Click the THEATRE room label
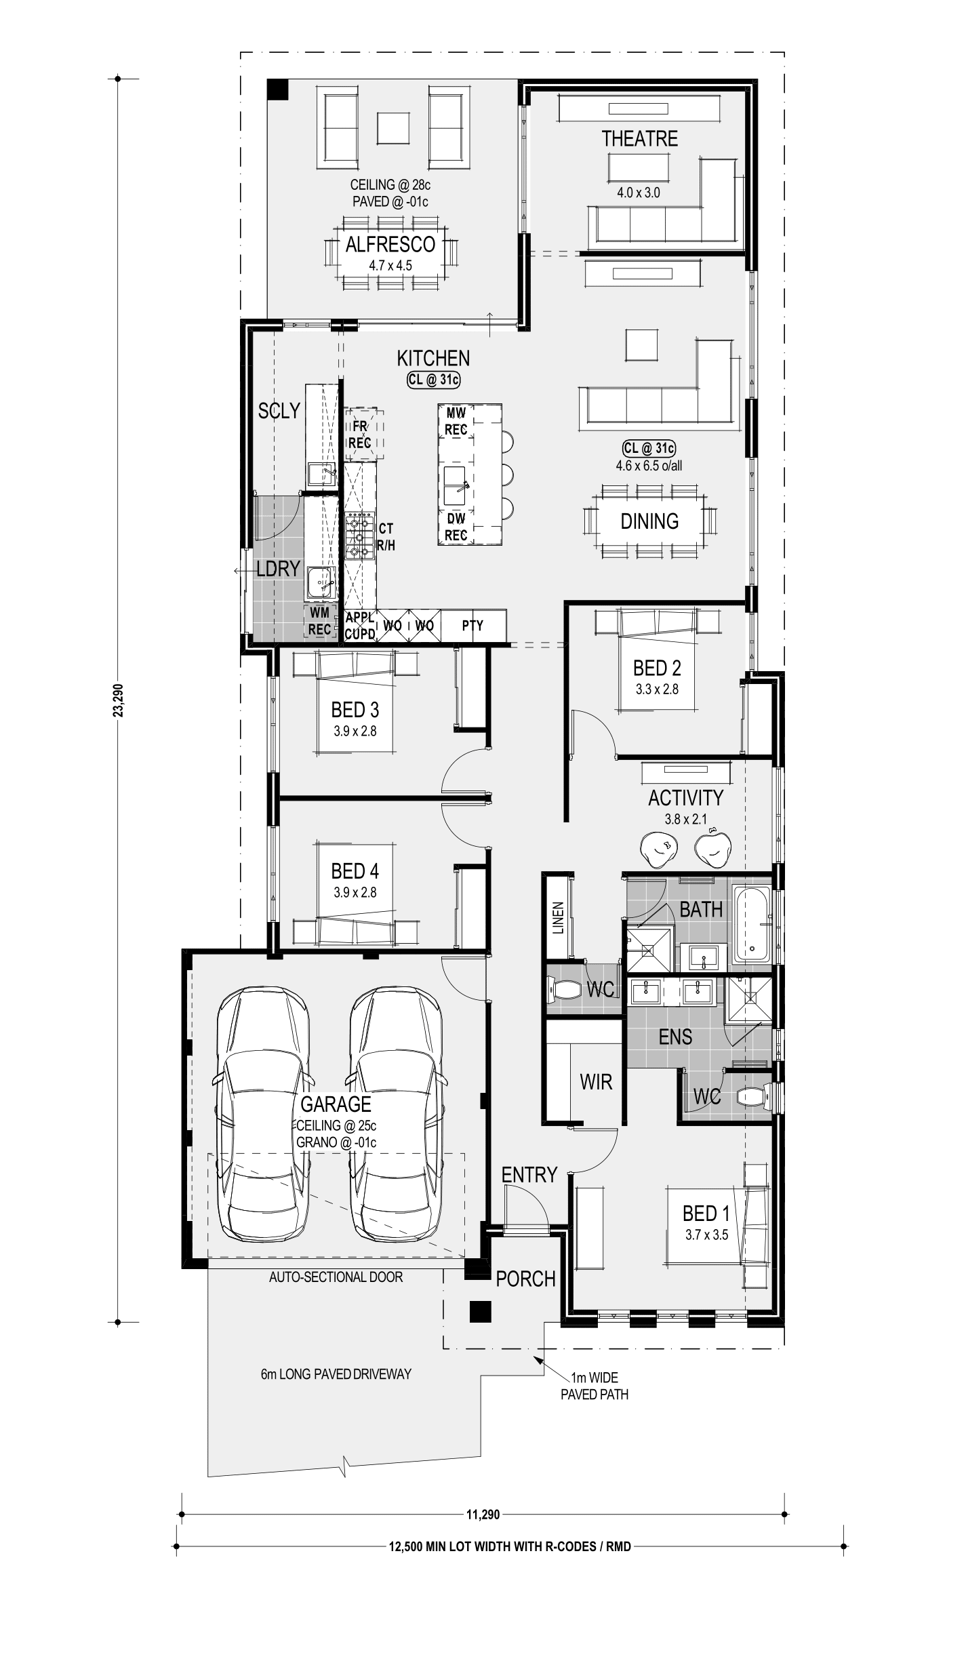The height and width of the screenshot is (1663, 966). coord(639,139)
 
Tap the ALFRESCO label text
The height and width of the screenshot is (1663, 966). coord(390,245)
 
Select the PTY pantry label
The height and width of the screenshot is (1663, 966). coord(472,626)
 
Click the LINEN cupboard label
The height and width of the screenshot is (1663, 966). coord(558,918)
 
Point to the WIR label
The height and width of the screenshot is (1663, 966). coord(596,1082)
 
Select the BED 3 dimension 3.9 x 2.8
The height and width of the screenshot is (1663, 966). coord(355,732)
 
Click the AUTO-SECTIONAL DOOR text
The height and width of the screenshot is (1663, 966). coord(336,1277)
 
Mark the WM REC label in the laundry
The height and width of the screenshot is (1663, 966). coord(319,621)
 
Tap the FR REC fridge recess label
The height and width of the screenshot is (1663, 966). coord(360,435)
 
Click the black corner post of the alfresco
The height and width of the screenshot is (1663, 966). coord(277,89)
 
